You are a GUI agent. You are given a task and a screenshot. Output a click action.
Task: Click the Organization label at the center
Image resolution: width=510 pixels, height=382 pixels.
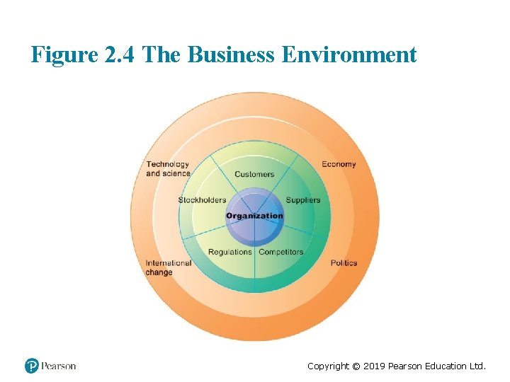click(254, 216)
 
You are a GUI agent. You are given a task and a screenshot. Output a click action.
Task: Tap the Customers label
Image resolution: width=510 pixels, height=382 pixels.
click(254, 174)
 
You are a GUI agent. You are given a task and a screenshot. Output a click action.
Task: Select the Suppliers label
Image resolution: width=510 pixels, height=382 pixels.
click(303, 200)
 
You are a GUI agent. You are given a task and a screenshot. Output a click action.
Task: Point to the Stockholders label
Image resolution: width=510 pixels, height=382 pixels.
click(202, 200)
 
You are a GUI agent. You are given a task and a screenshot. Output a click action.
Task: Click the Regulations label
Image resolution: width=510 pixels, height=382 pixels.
click(230, 252)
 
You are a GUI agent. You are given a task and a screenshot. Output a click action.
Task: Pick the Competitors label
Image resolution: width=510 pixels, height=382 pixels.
click(281, 252)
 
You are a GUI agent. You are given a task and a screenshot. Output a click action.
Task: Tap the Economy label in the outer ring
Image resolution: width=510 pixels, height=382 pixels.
click(339, 164)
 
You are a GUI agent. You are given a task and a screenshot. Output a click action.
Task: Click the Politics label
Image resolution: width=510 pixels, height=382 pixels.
click(344, 263)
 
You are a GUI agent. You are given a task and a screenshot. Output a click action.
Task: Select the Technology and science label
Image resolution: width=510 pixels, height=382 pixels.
click(168, 168)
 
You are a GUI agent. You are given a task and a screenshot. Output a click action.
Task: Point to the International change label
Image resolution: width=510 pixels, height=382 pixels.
click(168, 267)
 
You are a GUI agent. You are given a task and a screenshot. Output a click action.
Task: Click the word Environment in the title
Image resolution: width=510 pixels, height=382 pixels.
click(349, 54)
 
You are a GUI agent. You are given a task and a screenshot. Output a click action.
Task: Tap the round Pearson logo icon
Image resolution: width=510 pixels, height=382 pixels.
click(32, 366)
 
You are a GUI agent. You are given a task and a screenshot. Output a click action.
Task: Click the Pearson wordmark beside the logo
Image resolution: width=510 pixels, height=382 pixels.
click(58, 366)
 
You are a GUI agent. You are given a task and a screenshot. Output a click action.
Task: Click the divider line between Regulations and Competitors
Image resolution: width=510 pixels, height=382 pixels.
click(255, 269)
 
